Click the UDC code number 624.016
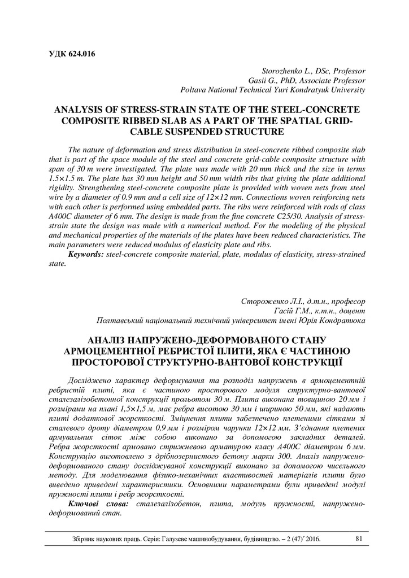81,54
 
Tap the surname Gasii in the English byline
272,80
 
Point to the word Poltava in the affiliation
194,89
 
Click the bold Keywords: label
86,255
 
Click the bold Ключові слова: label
99,502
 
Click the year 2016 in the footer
311,539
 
